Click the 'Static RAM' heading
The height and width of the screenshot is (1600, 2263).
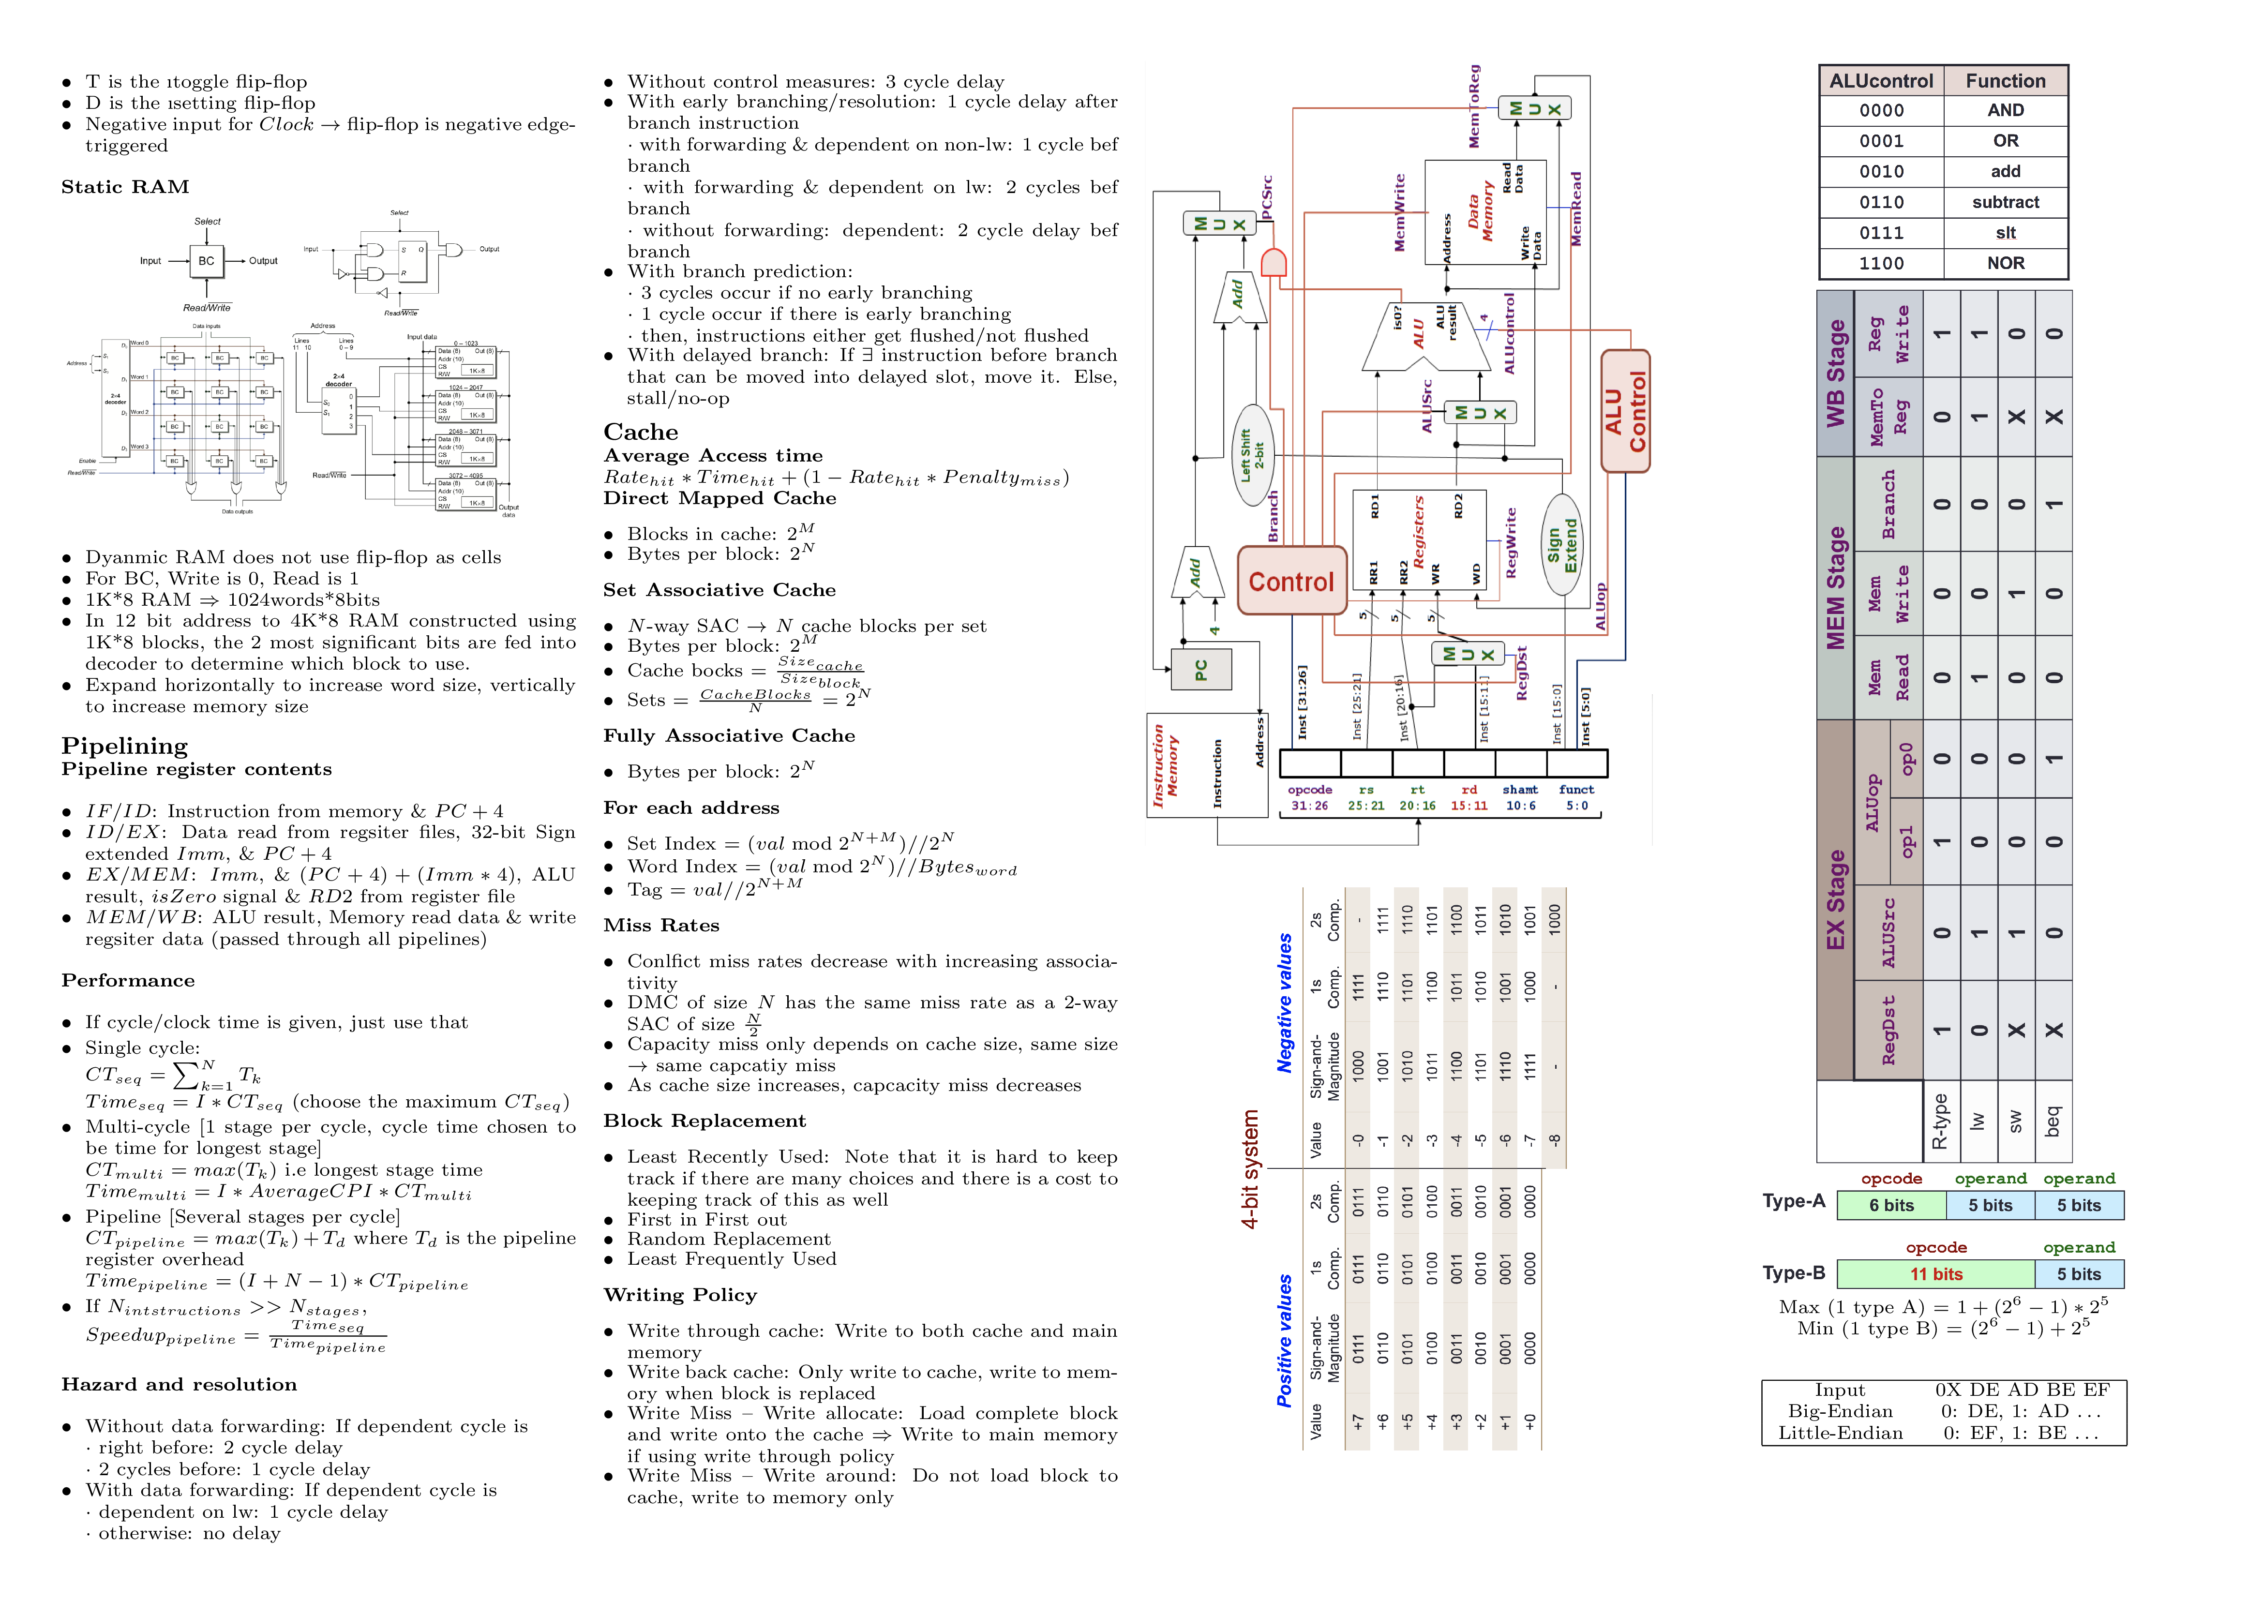point(125,187)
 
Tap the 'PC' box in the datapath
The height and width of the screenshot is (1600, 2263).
point(1200,670)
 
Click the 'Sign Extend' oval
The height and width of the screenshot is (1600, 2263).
point(1562,544)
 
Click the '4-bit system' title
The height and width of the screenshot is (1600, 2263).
point(1250,1168)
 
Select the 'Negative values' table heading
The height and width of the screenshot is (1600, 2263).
point(1284,1002)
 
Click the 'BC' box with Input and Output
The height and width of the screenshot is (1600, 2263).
point(206,261)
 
